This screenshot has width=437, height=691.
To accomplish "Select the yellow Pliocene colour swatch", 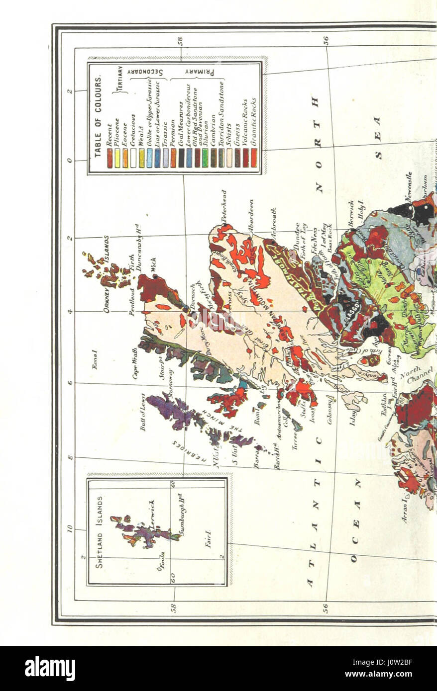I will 117,158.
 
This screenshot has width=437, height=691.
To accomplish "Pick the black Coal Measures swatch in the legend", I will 181,158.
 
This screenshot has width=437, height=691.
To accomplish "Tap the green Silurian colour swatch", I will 205,158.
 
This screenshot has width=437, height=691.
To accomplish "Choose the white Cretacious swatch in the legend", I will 133,158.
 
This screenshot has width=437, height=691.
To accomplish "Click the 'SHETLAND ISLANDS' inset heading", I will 100,532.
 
